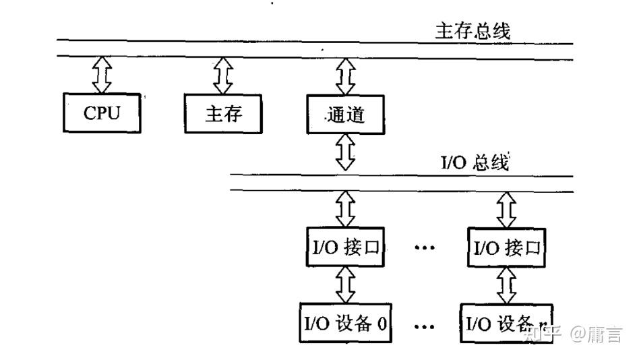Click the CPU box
coord(102,113)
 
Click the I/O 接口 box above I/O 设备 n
coord(506,249)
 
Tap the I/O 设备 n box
coord(506,324)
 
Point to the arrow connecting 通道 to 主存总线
coord(345,76)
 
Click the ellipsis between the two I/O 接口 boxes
coord(425,247)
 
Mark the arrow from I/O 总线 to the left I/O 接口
coord(345,210)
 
